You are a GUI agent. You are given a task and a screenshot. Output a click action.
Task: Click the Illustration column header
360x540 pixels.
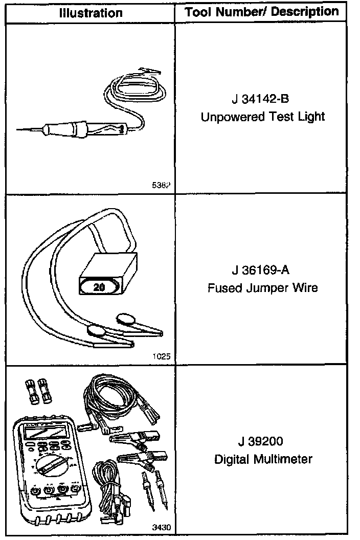(91, 13)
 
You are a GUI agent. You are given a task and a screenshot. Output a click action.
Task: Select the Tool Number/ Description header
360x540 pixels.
(262, 12)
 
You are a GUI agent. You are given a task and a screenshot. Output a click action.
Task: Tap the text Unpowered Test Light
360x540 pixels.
(262, 117)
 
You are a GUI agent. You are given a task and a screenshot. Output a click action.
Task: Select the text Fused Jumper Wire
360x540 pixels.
(262, 287)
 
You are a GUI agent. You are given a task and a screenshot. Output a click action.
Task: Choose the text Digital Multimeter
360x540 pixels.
(263, 459)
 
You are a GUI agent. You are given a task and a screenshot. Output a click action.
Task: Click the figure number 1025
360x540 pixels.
(162, 356)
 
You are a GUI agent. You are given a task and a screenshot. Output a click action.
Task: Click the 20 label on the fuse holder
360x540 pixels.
(99, 287)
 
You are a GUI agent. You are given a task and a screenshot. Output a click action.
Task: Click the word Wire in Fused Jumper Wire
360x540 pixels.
(306, 287)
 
